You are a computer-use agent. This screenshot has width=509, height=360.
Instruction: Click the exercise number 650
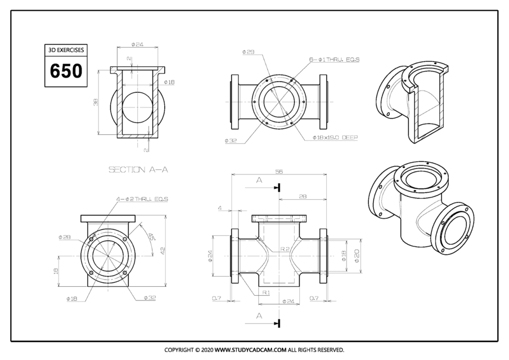click(66, 71)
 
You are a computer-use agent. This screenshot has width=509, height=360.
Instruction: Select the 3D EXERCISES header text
click(66, 50)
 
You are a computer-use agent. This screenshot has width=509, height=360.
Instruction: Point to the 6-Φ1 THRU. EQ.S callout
click(334, 59)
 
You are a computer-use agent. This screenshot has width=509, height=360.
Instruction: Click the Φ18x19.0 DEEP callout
click(335, 137)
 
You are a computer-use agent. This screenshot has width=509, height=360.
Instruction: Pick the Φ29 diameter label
click(248, 52)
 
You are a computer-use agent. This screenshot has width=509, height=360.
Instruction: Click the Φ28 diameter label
click(64, 237)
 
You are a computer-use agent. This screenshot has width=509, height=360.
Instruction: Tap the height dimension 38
click(96, 102)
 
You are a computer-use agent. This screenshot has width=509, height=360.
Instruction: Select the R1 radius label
click(265, 292)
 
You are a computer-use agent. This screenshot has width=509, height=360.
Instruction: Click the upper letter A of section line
click(259, 181)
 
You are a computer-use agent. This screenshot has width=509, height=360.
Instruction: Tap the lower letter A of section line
click(259, 316)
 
